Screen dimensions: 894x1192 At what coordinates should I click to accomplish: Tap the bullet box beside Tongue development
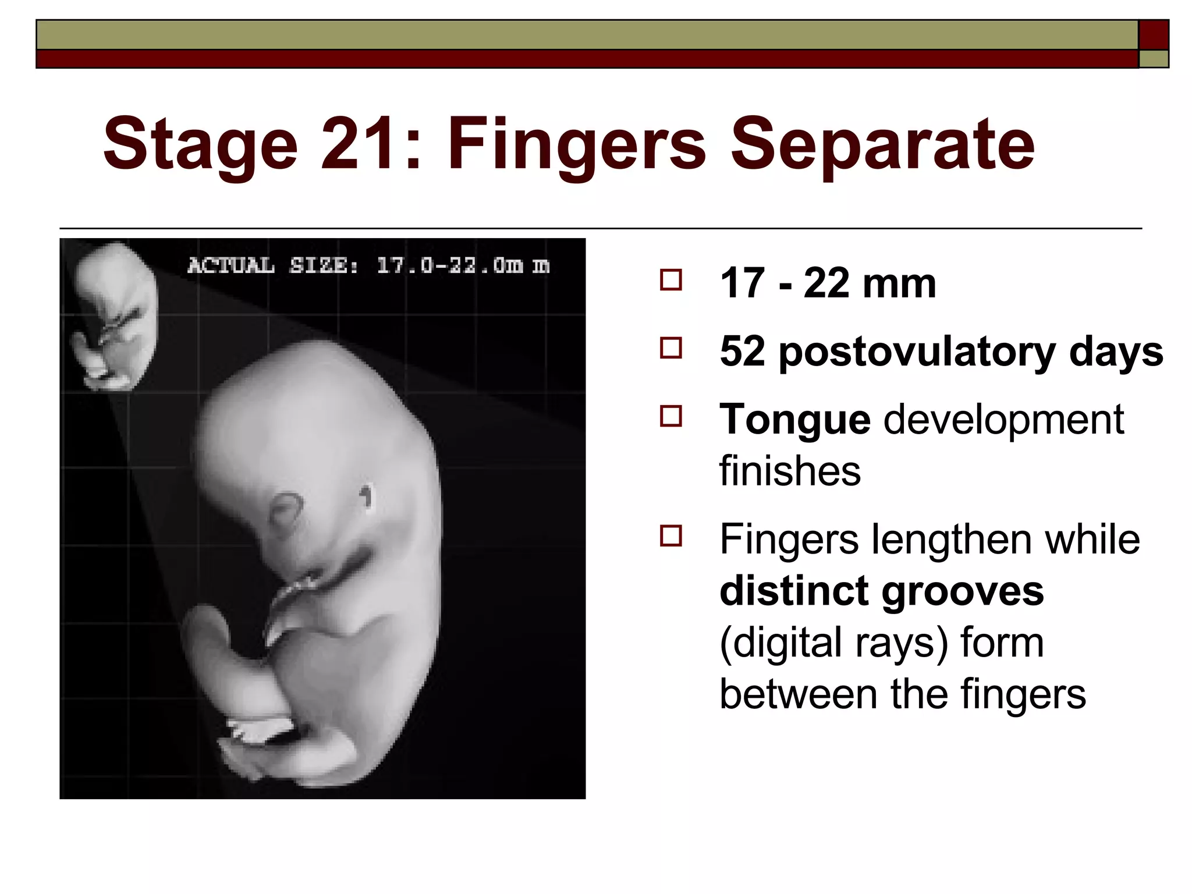tap(671, 417)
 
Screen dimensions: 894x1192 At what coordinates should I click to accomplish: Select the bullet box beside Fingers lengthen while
tap(671, 536)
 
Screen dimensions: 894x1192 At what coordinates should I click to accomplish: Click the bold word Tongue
tap(795, 420)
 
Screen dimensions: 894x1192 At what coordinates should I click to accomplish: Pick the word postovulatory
tap(917, 352)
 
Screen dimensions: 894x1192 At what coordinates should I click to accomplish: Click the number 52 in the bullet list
tap(742, 352)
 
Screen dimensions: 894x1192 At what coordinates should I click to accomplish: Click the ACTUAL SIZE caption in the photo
tap(368, 266)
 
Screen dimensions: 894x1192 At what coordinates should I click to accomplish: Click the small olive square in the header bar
tap(1154, 59)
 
